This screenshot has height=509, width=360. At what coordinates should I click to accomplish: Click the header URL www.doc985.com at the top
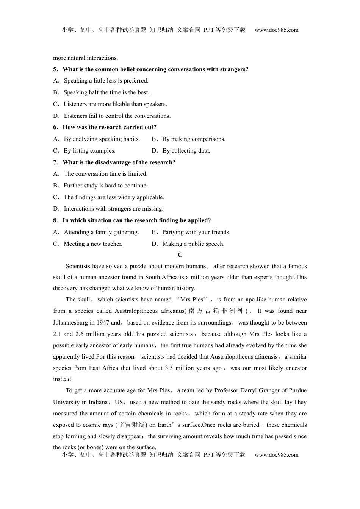[x=276, y=30]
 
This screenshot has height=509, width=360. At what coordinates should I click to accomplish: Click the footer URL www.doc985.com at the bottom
[x=276, y=455]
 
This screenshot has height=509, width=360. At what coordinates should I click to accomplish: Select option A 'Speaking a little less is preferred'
[x=106, y=81]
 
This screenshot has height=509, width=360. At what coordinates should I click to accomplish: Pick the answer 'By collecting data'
[x=186, y=151]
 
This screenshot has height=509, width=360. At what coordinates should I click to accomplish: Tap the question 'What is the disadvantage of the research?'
[x=119, y=162]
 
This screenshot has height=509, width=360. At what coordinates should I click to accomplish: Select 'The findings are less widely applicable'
[x=114, y=197]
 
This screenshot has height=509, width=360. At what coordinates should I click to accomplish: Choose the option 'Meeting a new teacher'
[x=93, y=244]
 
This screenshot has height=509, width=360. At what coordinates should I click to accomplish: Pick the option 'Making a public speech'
[x=193, y=244]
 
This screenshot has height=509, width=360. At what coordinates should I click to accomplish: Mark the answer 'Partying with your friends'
[x=196, y=232]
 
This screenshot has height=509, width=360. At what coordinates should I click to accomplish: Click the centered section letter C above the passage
[x=180, y=255]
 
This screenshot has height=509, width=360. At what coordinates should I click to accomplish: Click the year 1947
[x=103, y=323]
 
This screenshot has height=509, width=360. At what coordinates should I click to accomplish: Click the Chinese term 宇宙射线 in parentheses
[x=131, y=425]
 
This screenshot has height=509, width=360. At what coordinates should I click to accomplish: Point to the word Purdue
[x=298, y=390]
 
